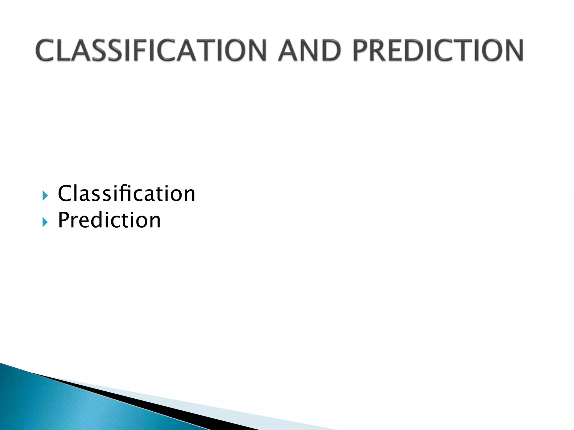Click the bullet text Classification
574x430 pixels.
coord(126,193)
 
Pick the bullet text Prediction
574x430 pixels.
coord(109,220)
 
